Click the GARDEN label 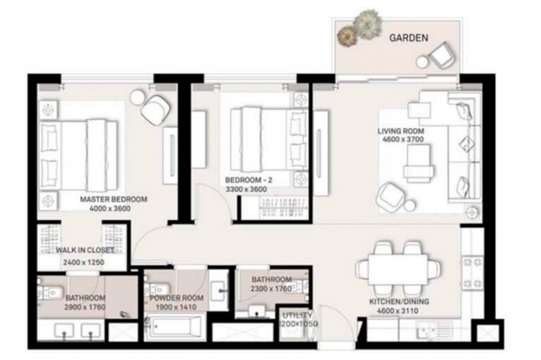click(x=408, y=37)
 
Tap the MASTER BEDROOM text click(x=114, y=200)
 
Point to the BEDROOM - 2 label click(x=248, y=180)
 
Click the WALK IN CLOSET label click(x=85, y=250)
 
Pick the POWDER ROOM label click(x=176, y=298)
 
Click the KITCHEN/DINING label click(x=399, y=302)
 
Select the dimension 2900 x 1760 click(x=85, y=307)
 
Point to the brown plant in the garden click(x=347, y=36)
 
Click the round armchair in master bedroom click(x=155, y=109)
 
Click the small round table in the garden click(x=422, y=62)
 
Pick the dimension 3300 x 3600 click(x=246, y=190)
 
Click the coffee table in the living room click(x=419, y=163)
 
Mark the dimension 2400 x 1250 click(x=83, y=262)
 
